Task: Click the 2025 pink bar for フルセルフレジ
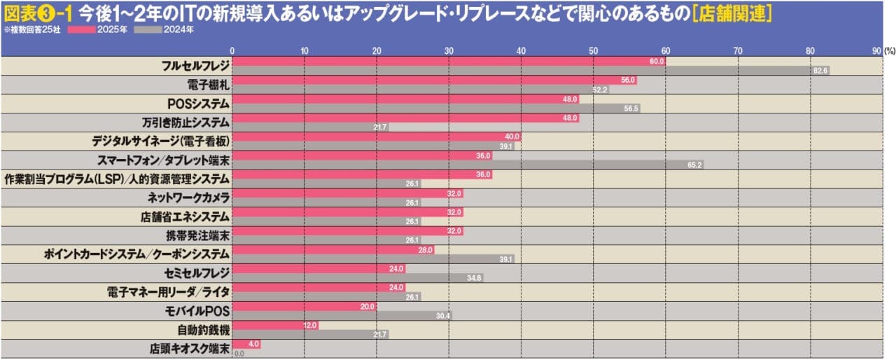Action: pyautogui.click(x=448, y=62)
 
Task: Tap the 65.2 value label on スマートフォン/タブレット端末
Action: pyautogui.click(x=694, y=165)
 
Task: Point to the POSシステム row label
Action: pyautogui.click(x=198, y=104)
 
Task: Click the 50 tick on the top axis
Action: pyautogui.click(x=593, y=50)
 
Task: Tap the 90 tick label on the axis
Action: pyautogui.click(x=876, y=50)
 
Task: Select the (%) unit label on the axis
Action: pyautogui.click(x=889, y=50)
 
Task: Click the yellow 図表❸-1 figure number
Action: pyautogui.click(x=38, y=13)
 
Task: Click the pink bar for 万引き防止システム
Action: pyautogui.click(x=405, y=118)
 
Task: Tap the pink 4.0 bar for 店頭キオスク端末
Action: pyautogui.click(x=246, y=345)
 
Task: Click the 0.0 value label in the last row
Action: pyautogui.click(x=239, y=354)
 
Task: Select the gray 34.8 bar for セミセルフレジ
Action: pyautogui.click(x=357, y=278)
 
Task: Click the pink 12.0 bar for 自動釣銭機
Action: pyautogui.click(x=275, y=326)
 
